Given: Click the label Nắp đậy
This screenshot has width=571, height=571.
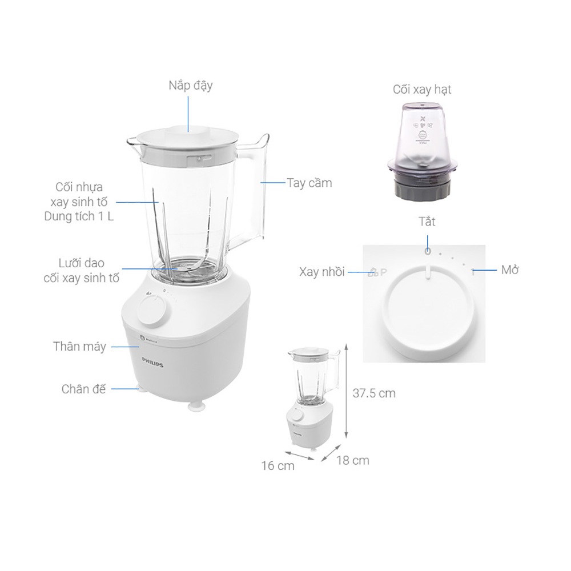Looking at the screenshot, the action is pyautogui.click(x=191, y=86).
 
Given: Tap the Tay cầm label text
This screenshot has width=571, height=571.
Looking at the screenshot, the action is pyautogui.click(x=309, y=183).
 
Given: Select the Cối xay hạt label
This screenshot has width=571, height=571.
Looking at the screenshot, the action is pyautogui.click(x=422, y=90).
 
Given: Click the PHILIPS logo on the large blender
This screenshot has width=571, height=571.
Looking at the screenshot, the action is pyautogui.click(x=152, y=363).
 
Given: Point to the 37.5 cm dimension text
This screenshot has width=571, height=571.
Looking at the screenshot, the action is pyautogui.click(x=374, y=393).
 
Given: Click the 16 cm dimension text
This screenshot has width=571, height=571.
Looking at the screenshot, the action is pyautogui.click(x=278, y=466).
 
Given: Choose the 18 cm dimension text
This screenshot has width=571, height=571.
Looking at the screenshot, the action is pyautogui.click(x=352, y=460).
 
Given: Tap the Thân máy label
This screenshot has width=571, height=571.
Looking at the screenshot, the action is pyautogui.click(x=79, y=347).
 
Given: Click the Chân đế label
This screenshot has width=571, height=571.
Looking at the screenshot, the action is pyautogui.click(x=83, y=389).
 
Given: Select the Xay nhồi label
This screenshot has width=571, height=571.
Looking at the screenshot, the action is pyautogui.click(x=322, y=272).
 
